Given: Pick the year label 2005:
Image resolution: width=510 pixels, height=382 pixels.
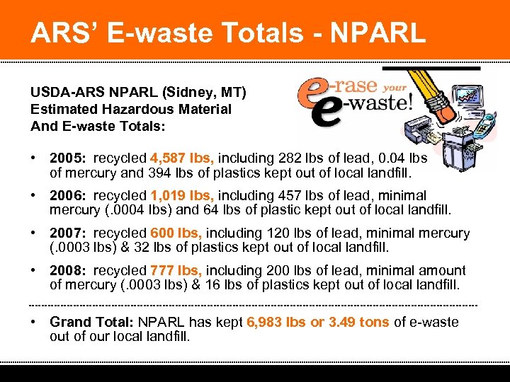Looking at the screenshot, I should (69, 158).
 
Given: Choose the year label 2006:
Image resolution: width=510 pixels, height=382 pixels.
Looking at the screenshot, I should (69, 195).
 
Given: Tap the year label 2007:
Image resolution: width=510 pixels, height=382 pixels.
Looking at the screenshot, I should (69, 233).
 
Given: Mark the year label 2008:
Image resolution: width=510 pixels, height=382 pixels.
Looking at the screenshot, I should (69, 270).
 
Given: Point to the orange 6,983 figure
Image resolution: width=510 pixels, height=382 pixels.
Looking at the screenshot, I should (266, 322).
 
